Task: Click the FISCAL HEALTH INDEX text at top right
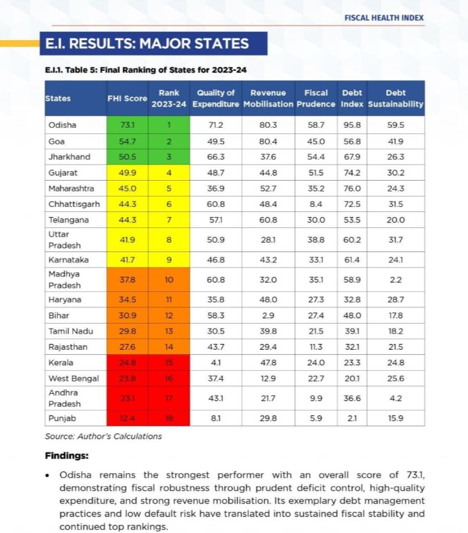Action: (x=383, y=17)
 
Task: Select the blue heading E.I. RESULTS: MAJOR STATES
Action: (x=147, y=44)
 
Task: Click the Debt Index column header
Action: (x=352, y=98)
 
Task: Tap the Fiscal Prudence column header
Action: (x=316, y=98)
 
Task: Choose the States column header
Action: (x=58, y=98)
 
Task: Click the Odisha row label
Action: (x=62, y=125)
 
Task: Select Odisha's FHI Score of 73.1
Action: (x=127, y=125)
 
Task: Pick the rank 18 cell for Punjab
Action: (x=169, y=419)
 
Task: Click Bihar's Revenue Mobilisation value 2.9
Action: (x=268, y=315)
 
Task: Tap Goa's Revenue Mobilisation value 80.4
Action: (x=268, y=141)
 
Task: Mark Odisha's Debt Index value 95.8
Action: (x=352, y=125)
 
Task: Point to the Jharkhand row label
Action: (x=69, y=156)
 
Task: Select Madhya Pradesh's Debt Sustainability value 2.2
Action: (x=396, y=280)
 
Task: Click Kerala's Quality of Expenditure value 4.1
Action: (x=216, y=363)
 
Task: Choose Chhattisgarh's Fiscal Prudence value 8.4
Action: (x=316, y=204)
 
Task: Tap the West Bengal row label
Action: (x=73, y=379)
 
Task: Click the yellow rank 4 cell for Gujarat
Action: (x=169, y=172)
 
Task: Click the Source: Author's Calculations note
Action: (x=103, y=437)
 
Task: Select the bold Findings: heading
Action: (x=66, y=456)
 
